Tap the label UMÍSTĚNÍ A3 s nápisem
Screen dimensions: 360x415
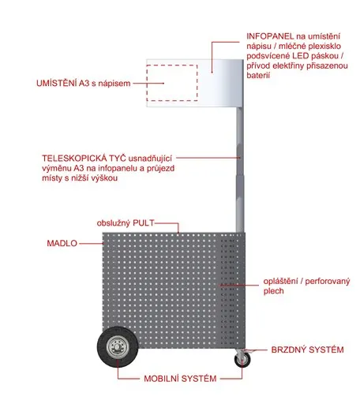pyautogui.click(x=84, y=84)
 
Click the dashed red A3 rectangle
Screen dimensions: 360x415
pyautogui.click(x=172, y=65)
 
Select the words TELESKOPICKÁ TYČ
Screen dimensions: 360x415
pyautogui.click(x=84, y=158)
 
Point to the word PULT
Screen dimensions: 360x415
pyautogui.click(x=144, y=223)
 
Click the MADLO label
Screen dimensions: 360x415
pyautogui.click(x=62, y=243)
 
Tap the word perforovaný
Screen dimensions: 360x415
pyautogui.click(x=328, y=282)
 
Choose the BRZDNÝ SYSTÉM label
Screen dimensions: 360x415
pyautogui.click(x=307, y=350)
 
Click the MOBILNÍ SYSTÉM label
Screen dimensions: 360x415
pyautogui.click(x=180, y=379)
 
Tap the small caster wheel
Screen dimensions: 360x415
pyautogui.click(x=242, y=360)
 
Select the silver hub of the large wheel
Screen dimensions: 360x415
pyautogui.click(x=118, y=347)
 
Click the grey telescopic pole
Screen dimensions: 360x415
pyautogui.click(x=240, y=170)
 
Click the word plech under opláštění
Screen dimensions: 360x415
pyautogui.click(x=273, y=291)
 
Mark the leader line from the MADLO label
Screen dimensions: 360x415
pyautogui.click(x=91, y=244)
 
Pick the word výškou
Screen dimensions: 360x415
pyautogui.click(x=104, y=178)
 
